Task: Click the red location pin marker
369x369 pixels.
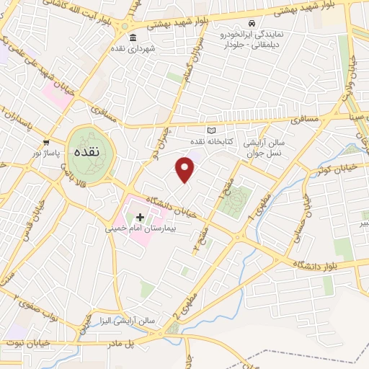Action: click(x=186, y=169)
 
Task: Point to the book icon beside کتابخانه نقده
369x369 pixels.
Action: click(x=211, y=130)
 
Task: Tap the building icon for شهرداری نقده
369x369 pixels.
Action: click(x=131, y=37)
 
